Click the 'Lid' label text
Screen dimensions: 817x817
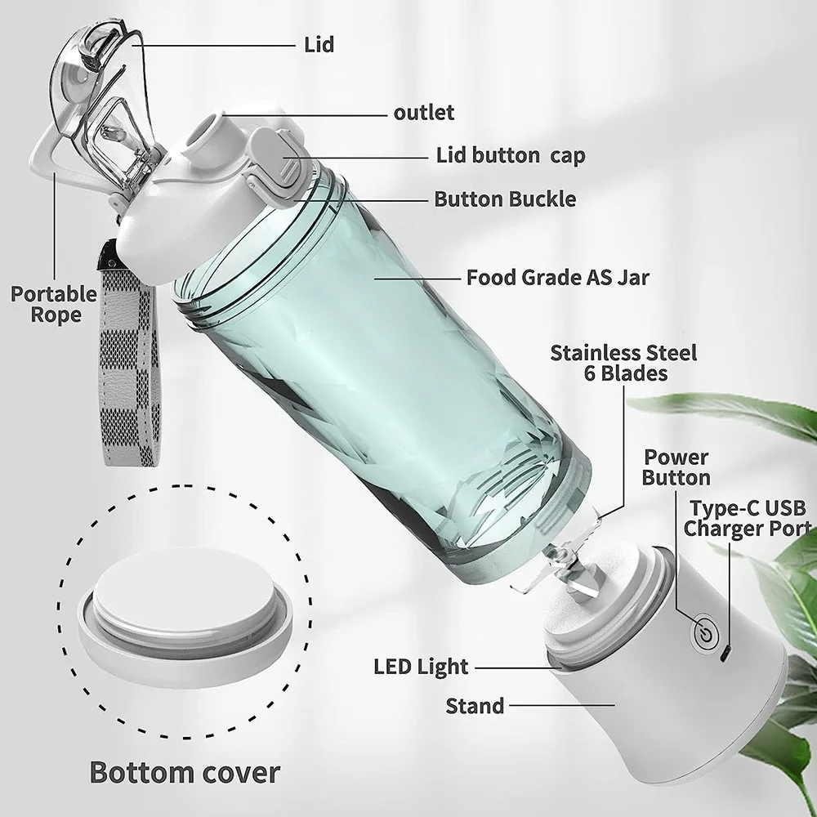319,44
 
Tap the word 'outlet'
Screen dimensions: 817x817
424,112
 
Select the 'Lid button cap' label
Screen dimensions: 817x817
511,155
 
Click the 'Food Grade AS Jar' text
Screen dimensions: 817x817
557,277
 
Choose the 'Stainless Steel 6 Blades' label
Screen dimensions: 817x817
623,363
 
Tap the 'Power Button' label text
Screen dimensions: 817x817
676,467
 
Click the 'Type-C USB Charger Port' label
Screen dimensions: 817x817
748,518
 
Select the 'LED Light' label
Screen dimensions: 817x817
422,667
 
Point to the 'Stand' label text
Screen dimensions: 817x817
475,705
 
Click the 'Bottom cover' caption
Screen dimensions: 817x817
185,771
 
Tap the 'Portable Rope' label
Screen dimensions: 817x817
53,304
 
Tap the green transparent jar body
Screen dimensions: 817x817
384,368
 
